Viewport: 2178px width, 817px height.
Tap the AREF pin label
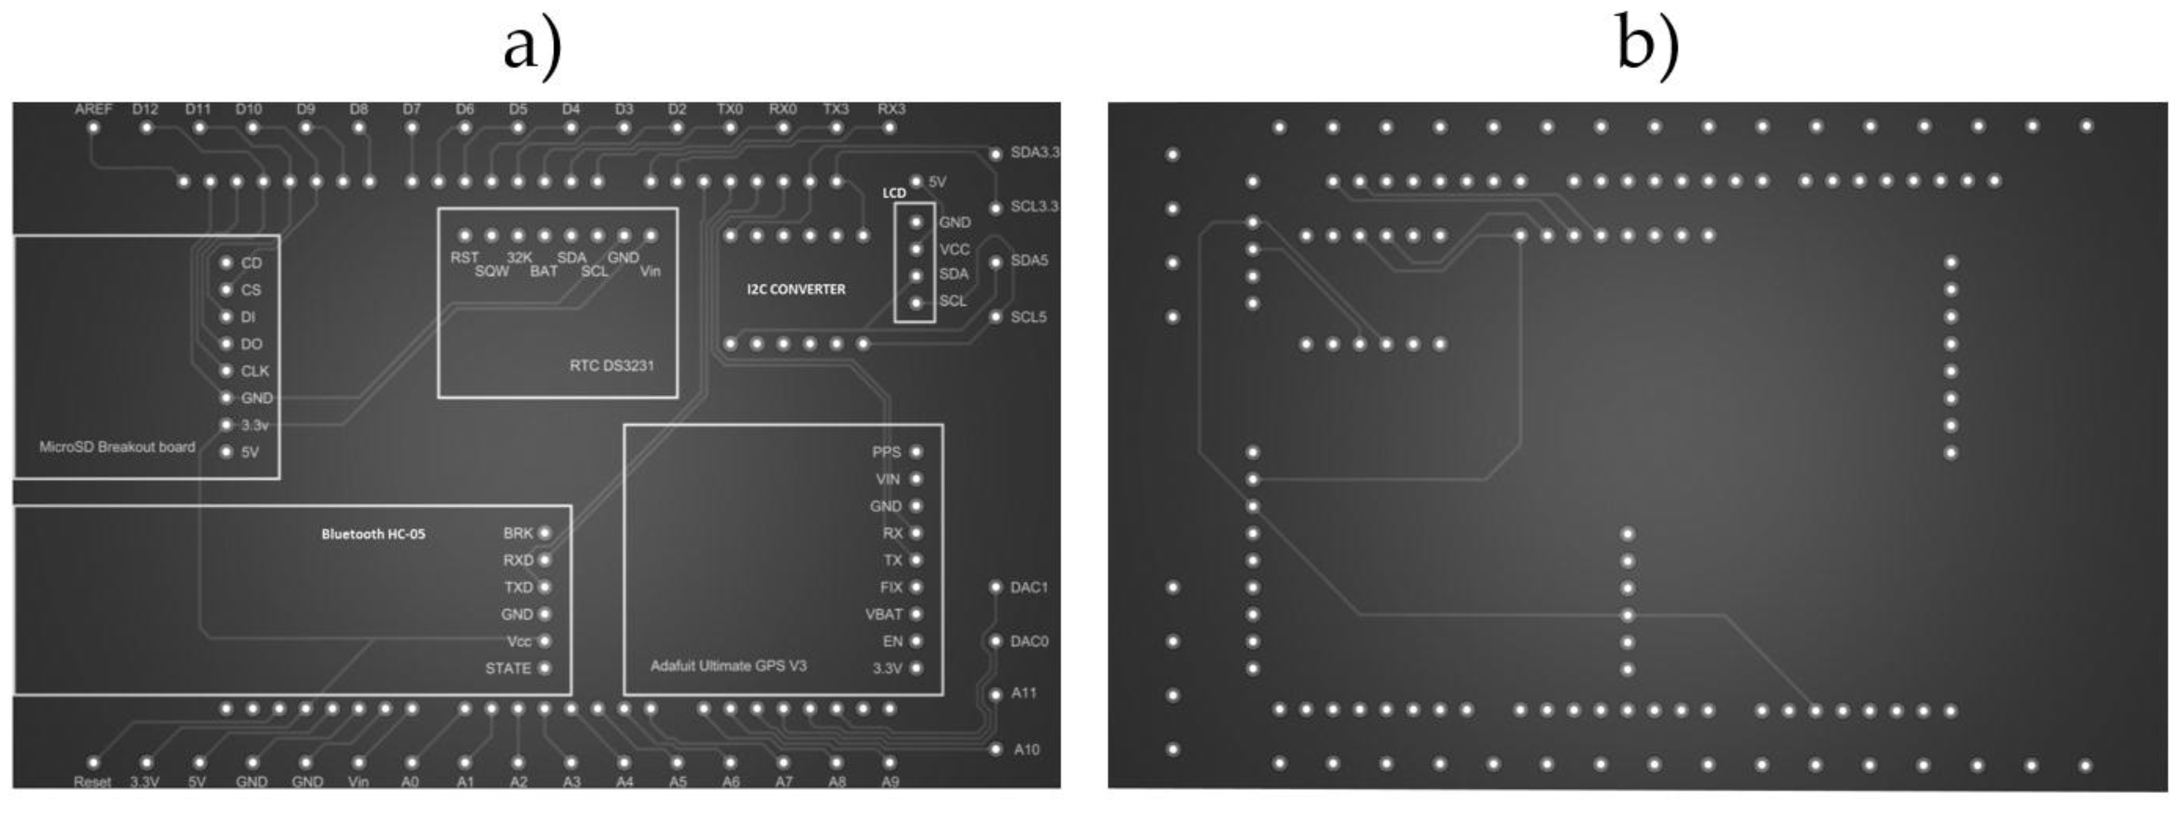[x=93, y=109]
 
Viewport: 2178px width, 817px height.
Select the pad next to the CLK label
[x=226, y=371]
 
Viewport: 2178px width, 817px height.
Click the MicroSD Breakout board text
[x=117, y=447]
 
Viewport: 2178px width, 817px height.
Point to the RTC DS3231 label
[x=611, y=366]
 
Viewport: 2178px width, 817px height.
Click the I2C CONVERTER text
[x=795, y=289]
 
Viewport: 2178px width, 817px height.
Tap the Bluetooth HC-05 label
[x=373, y=534]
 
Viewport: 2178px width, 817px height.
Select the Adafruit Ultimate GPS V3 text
[x=728, y=666]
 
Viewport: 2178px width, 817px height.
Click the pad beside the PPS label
[x=916, y=452]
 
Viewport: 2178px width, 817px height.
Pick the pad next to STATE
[x=545, y=668]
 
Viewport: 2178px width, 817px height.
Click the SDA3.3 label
[x=1034, y=153]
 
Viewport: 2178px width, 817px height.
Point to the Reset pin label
[x=92, y=781]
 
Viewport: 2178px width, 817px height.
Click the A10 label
[x=1026, y=750]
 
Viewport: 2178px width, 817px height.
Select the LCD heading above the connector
[x=894, y=192]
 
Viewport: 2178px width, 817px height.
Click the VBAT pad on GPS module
[x=916, y=614]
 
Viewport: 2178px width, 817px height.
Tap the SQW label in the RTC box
[x=491, y=271]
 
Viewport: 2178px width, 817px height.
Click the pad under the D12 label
[x=146, y=128]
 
